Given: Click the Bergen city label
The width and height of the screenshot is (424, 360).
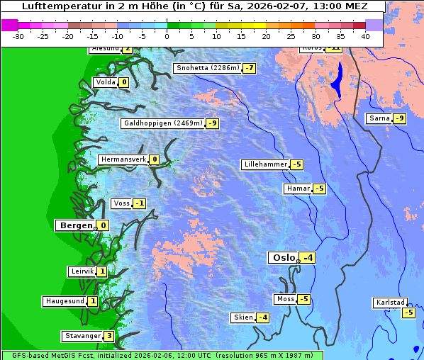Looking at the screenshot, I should (x=75, y=225).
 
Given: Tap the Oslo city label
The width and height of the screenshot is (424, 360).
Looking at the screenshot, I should (x=283, y=258).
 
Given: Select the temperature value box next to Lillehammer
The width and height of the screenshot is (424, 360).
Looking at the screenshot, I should (x=296, y=164).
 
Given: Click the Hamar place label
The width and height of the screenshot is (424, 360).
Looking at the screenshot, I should (x=297, y=189).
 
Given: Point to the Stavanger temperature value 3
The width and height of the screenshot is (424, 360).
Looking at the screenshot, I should (x=108, y=336).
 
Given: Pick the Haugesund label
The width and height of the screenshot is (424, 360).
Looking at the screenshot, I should (x=65, y=301).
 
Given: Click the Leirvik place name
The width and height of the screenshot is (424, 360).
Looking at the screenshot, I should (x=82, y=271).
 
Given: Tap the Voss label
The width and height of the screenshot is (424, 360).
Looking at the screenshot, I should (x=121, y=203).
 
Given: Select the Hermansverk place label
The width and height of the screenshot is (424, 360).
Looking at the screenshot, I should (x=123, y=159).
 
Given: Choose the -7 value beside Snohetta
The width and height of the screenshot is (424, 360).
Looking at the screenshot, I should (x=249, y=68).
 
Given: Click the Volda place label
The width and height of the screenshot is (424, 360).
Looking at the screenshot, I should (x=105, y=82).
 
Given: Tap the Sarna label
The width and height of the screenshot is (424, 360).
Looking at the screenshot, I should (x=379, y=118).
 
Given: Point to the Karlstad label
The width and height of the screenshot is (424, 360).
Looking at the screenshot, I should (x=390, y=303).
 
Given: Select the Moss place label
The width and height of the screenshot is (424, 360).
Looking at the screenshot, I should (x=285, y=299).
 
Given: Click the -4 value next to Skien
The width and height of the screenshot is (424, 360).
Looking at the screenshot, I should (x=263, y=317).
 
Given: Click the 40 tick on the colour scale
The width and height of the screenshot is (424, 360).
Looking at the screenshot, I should (x=365, y=35).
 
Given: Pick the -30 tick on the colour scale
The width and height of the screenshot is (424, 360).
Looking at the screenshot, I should (x=18, y=35).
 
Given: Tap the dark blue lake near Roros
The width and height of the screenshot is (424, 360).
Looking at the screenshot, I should (x=337, y=79).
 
